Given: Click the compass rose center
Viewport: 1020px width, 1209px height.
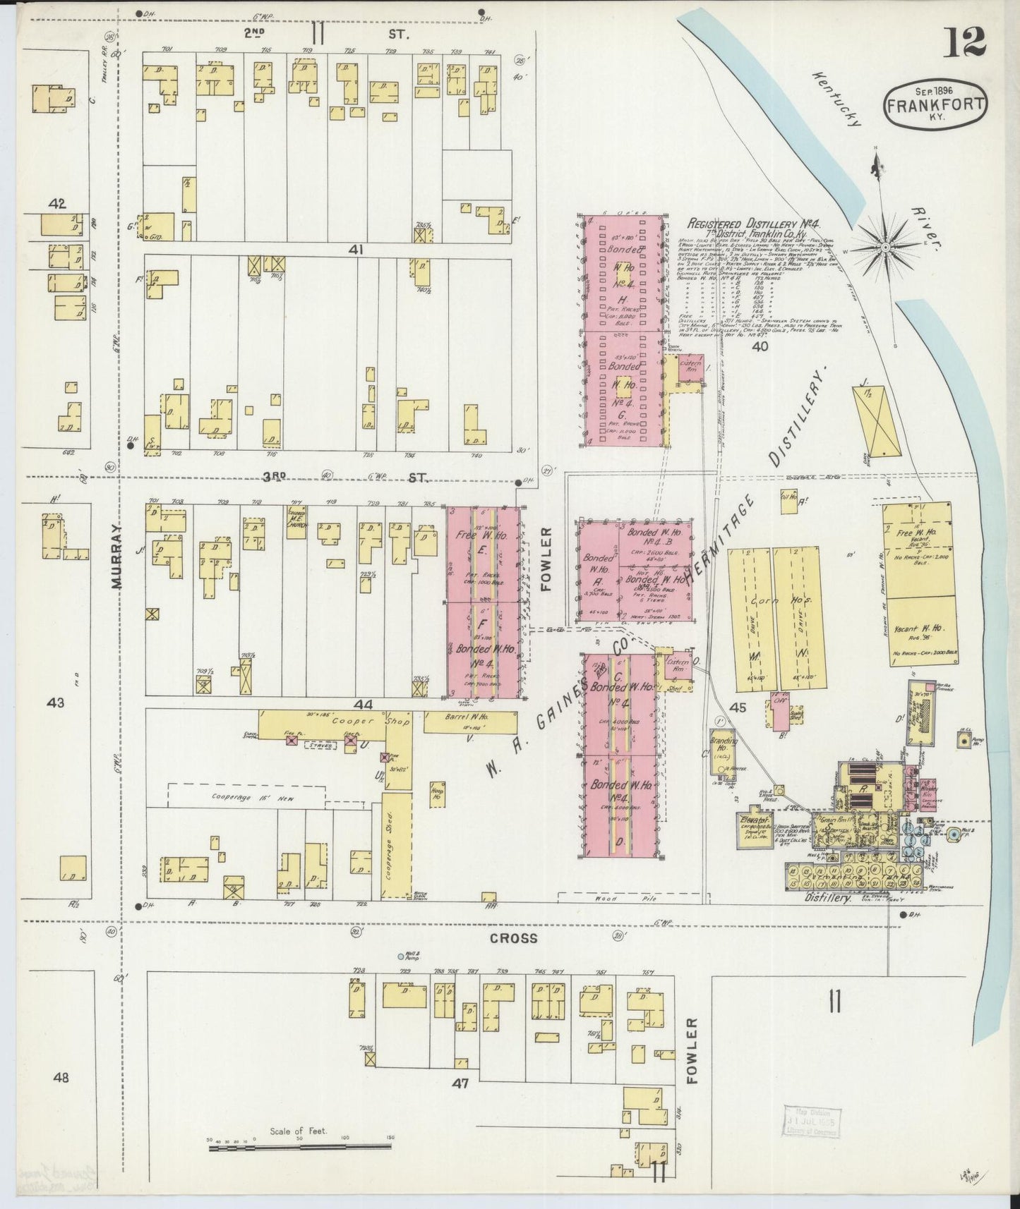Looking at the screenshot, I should (x=885, y=246).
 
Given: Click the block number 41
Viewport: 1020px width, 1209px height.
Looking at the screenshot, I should (x=354, y=249).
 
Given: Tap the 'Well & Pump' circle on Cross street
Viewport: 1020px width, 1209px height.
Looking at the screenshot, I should (x=401, y=956).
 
